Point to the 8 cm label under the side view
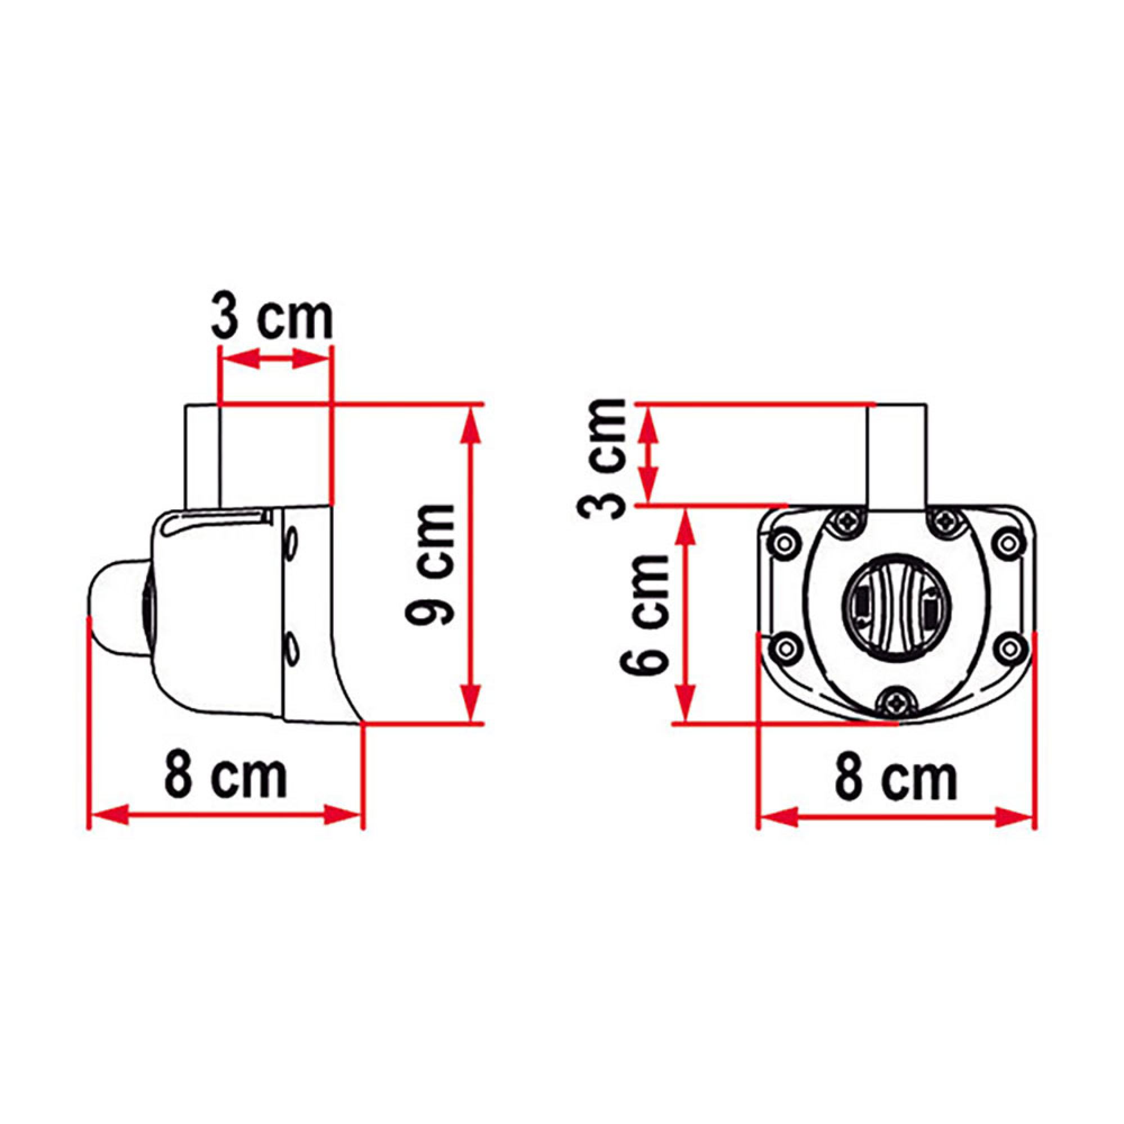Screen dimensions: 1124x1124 (x=226, y=778)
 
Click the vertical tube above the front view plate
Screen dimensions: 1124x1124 (x=896, y=454)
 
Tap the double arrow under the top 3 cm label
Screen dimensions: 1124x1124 (x=274, y=359)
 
